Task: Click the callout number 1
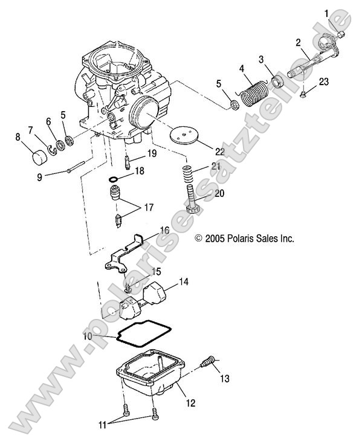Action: (327, 12)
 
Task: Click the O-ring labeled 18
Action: (114, 179)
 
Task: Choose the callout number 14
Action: (184, 281)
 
